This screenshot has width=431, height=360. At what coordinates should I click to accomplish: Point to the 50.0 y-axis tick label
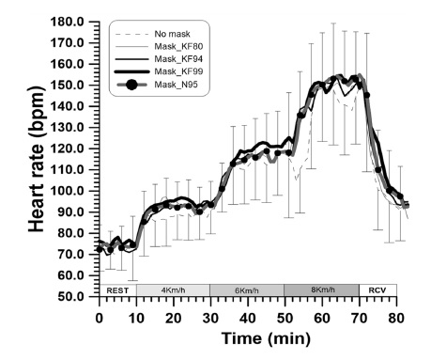click(x=71, y=296)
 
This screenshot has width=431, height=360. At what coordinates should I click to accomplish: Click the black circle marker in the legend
click(x=131, y=86)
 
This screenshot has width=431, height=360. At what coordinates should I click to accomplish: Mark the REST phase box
click(x=117, y=290)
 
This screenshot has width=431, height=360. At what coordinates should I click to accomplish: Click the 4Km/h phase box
click(x=173, y=290)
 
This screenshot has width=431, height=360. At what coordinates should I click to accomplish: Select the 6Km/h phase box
click(x=247, y=290)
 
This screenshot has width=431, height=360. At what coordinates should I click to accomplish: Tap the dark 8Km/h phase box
click(x=321, y=290)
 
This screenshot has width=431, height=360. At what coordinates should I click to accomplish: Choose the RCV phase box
click(x=377, y=290)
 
